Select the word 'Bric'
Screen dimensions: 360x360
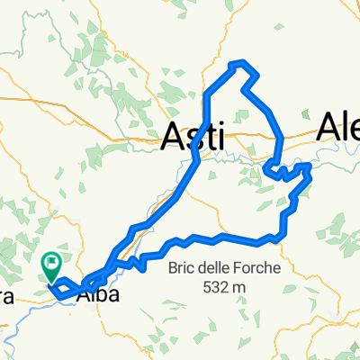(x=183, y=268)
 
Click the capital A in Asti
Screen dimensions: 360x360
(x=173, y=137)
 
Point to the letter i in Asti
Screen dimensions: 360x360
(x=219, y=137)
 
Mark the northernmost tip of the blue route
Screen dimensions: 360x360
(x=238, y=62)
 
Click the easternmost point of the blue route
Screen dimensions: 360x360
(x=311, y=167)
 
